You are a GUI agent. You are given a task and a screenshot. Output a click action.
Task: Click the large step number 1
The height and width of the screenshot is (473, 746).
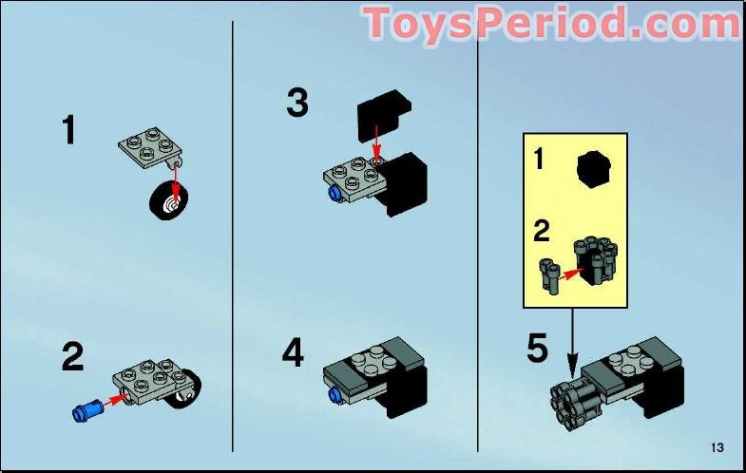(67, 130)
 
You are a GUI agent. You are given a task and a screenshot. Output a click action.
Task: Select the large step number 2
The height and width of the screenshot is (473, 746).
(72, 357)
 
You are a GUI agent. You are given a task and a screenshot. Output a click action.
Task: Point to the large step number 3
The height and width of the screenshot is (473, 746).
(297, 103)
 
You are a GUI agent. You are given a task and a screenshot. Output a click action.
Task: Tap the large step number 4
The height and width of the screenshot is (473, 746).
(294, 353)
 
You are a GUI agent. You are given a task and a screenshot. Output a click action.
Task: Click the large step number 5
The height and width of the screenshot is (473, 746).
(538, 349)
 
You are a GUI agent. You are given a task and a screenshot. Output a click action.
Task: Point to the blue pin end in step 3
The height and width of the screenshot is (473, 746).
(335, 194)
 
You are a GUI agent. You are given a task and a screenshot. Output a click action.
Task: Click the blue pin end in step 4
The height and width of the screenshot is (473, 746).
(334, 393)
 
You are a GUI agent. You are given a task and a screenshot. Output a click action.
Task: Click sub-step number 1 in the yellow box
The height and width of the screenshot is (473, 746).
(539, 159)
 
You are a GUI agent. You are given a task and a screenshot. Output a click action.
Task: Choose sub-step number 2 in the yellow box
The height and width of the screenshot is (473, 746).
(541, 231)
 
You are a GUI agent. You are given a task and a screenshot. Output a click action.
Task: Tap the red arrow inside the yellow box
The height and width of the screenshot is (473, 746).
(568, 274)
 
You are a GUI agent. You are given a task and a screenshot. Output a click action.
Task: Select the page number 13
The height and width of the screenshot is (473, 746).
(717, 447)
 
